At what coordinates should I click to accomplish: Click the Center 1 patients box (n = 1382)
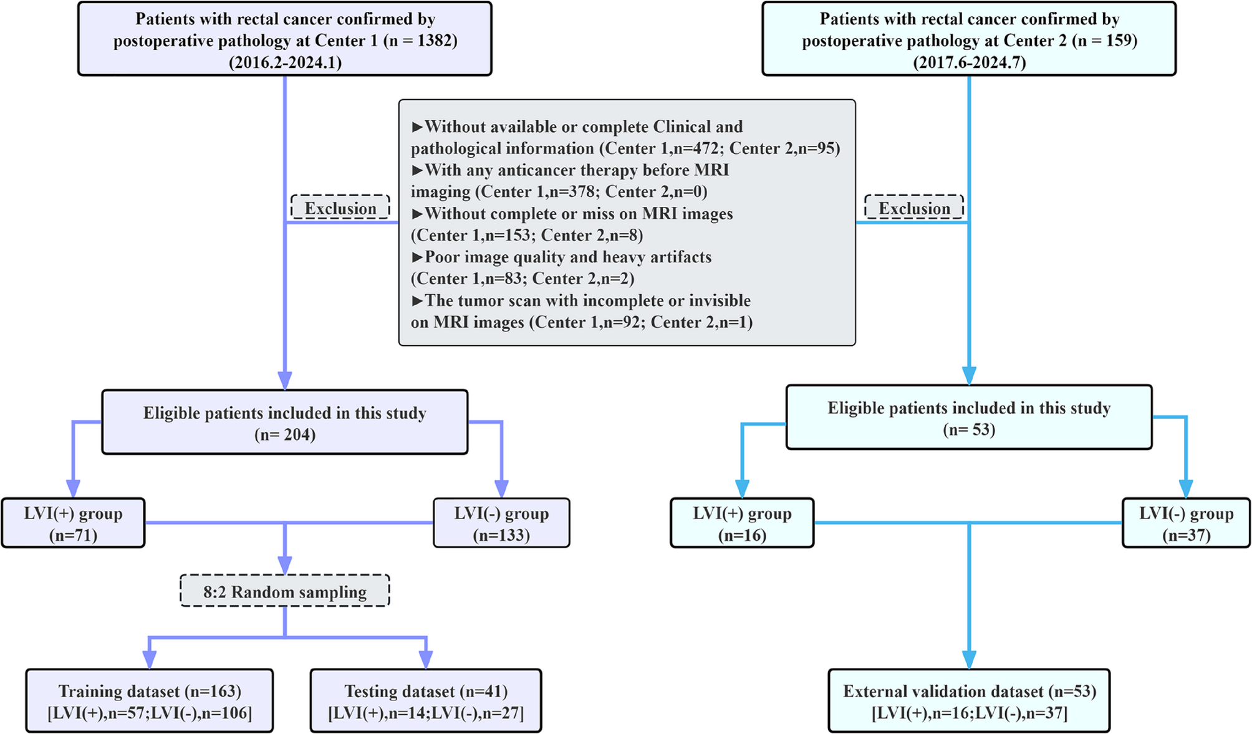284,39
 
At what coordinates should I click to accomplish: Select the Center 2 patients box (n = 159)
969,39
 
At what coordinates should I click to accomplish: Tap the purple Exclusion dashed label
340,208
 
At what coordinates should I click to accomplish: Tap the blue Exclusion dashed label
914,208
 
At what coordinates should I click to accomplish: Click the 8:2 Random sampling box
285,591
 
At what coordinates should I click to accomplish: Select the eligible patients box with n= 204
284,422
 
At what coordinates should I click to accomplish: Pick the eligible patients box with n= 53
969,417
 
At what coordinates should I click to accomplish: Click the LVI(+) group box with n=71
73,523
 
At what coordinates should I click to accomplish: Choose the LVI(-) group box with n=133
501,523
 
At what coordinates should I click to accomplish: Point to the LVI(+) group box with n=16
742,523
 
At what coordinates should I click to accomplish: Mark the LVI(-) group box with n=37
1186,523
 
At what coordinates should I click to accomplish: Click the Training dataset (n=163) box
150,701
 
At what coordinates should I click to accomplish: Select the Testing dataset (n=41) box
426,701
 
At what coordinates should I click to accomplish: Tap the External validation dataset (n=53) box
969,701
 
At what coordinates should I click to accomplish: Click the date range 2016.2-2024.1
285,62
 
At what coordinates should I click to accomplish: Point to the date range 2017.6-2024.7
970,62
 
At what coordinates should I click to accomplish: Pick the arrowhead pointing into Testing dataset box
426,659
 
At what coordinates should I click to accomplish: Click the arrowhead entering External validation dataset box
969,659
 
